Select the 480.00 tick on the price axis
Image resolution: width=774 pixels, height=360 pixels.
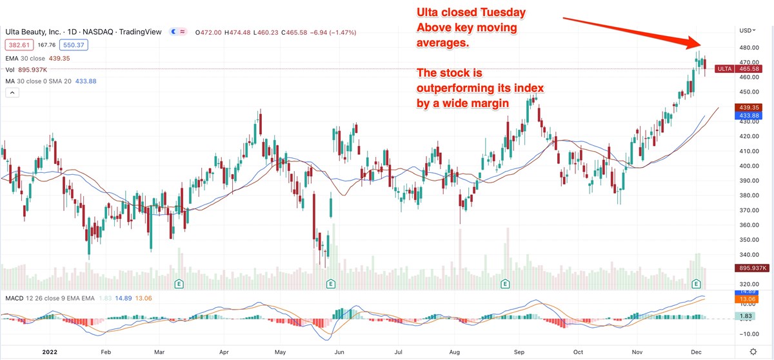[x=748, y=48]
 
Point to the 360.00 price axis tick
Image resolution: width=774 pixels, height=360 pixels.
[x=748, y=225]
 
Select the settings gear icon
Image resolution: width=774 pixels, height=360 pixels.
[x=753, y=352]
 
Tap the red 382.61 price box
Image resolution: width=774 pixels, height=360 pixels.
[x=17, y=45]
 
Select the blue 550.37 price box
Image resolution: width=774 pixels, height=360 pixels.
[x=74, y=45]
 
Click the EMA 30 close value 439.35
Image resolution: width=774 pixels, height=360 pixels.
[x=57, y=58]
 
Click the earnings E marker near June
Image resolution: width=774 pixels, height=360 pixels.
[x=330, y=283]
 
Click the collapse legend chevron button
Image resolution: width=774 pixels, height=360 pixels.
[x=11, y=93]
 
